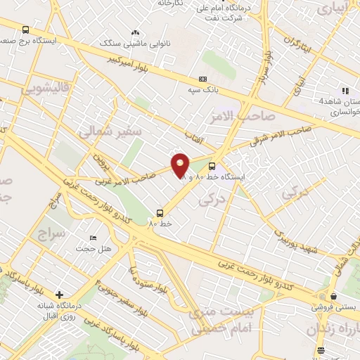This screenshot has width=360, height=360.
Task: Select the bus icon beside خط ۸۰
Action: [161, 212]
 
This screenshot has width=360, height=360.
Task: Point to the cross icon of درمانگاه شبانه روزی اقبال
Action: [59, 295]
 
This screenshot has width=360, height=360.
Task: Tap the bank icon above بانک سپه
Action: [204, 79]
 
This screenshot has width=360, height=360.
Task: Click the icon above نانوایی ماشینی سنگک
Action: [136, 32]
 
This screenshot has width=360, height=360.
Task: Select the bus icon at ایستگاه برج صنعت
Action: [26, 30]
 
